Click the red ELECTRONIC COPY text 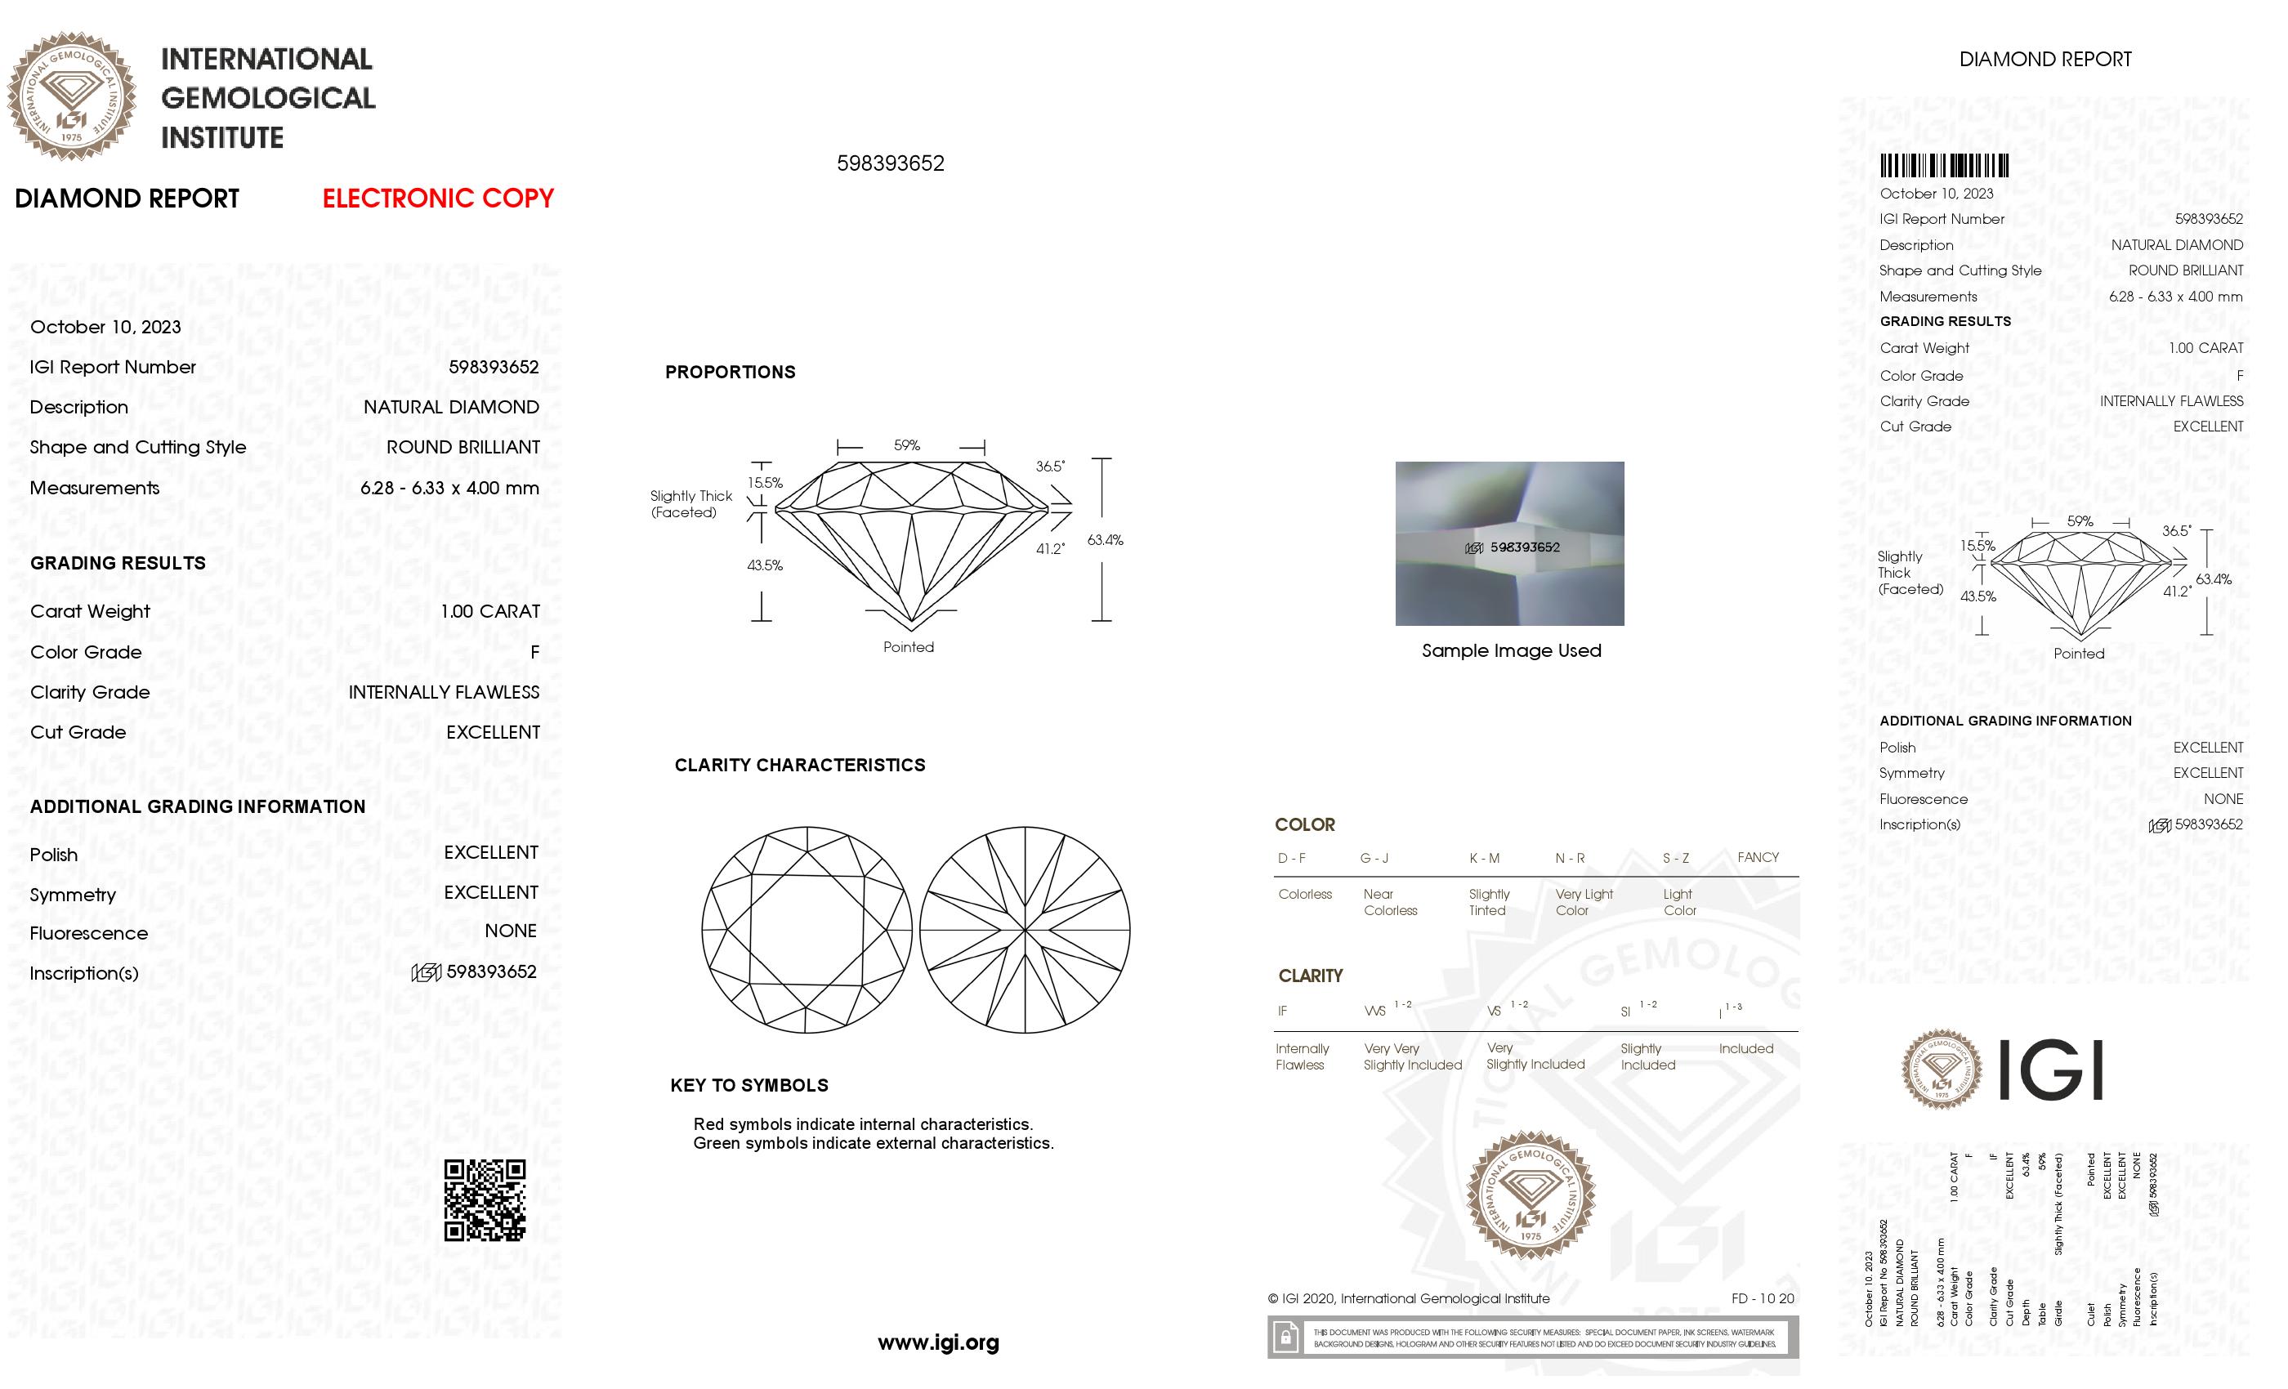point(437,198)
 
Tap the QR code point(484,1199)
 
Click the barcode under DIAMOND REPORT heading point(1943,166)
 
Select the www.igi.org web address point(938,1342)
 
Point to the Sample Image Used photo point(1509,543)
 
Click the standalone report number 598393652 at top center point(890,163)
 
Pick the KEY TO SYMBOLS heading point(749,1085)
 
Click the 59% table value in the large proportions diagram point(906,445)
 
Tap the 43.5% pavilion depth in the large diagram point(764,565)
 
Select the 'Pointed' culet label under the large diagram point(908,647)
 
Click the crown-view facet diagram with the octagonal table point(806,931)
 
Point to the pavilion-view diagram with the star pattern point(1024,931)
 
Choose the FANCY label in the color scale point(1757,857)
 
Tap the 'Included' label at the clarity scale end point(1745,1048)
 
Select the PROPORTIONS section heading point(730,373)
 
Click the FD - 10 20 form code point(1762,1299)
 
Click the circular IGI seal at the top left point(72,96)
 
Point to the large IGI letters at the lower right point(2049,1070)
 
